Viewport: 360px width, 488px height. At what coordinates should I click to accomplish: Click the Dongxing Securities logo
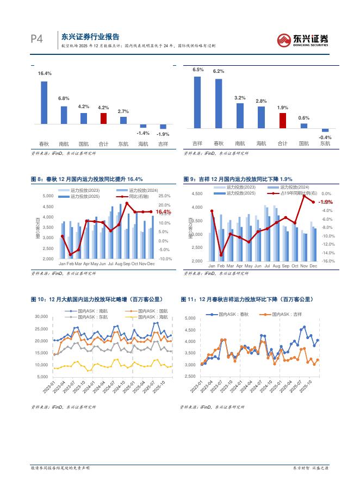tap(303, 39)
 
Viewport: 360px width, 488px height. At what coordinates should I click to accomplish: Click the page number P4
tap(36, 39)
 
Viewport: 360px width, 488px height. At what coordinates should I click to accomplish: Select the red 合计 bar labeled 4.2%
tap(103, 118)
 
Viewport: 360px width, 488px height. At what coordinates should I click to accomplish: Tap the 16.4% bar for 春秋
tap(44, 103)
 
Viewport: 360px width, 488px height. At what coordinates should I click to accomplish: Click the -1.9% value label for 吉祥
tap(163, 134)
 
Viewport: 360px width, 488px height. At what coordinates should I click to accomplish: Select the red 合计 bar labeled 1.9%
tap(282, 120)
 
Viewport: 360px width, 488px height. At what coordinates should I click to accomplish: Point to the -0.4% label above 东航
tap(325, 137)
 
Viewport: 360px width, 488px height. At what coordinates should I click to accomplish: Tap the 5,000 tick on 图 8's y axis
tap(48, 196)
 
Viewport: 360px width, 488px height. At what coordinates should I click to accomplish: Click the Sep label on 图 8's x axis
tap(127, 264)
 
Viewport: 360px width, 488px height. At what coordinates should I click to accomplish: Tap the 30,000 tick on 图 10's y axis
tap(41, 316)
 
